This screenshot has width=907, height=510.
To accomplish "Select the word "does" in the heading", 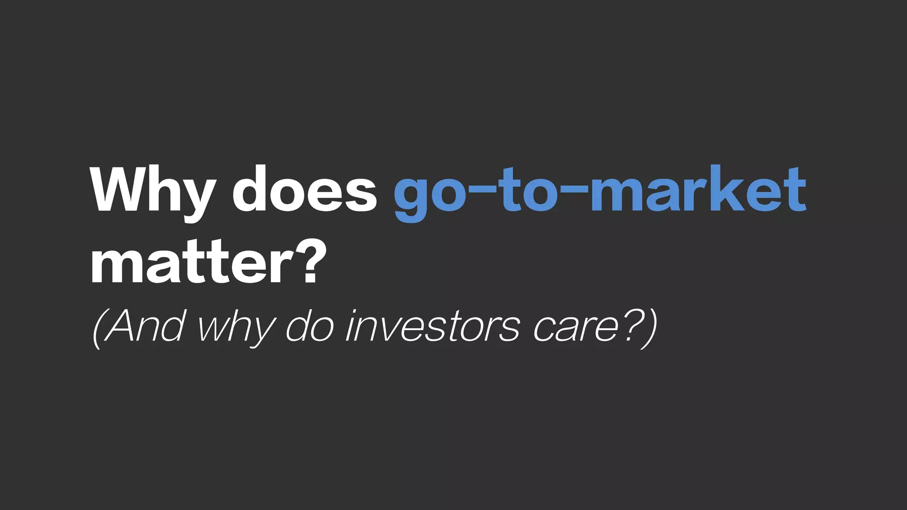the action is (305, 189).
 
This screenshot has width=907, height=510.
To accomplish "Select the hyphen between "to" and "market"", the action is (572, 191).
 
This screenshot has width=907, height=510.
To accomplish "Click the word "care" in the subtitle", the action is (575, 330).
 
